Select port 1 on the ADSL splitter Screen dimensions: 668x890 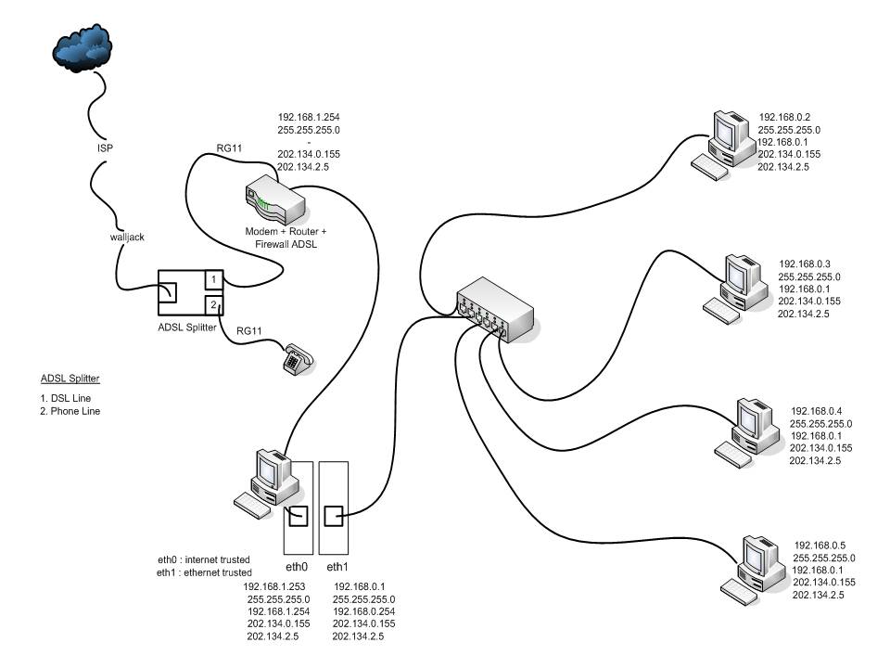(x=212, y=279)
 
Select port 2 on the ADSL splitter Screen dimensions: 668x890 (x=212, y=304)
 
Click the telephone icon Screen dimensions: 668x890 (x=299, y=358)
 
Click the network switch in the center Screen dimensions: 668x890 (x=495, y=310)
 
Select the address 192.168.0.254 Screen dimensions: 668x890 (x=363, y=612)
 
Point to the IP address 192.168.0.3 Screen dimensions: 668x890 (x=804, y=263)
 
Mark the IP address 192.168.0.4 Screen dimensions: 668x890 (x=815, y=411)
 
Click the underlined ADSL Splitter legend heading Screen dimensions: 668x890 (x=70, y=379)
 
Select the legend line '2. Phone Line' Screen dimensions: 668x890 (x=70, y=411)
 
